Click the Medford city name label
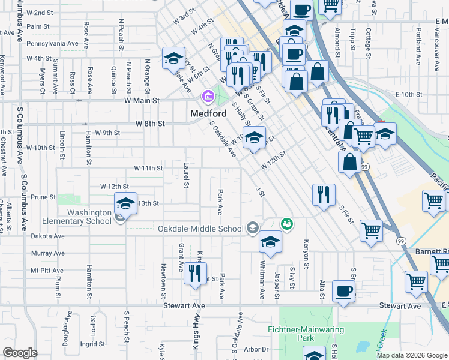pyautogui.click(x=208, y=113)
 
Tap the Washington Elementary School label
pyautogui.click(x=89, y=217)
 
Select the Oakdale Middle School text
pyautogui.click(x=200, y=229)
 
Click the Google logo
pyautogui.click(x=20, y=353)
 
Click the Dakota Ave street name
pyautogui.click(x=47, y=236)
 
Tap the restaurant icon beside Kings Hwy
pyautogui.click(x=195, y=274)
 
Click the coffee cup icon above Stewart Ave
pyautogui.click(x=343, y=292)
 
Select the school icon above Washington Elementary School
pyautogui.click(x=125, y=203)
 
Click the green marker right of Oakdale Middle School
pyautogui.click(x=287, y=224)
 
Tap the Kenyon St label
pyautogui.click(x=306, y=257)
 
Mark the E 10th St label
pyautogui.click(x=409, y=95)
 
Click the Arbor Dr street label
pyautogui.click(x=256, y=349)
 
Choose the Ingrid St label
pyautogui.click(x=93, y=344)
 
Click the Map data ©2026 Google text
pyautogui.click(x=411, y=355)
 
